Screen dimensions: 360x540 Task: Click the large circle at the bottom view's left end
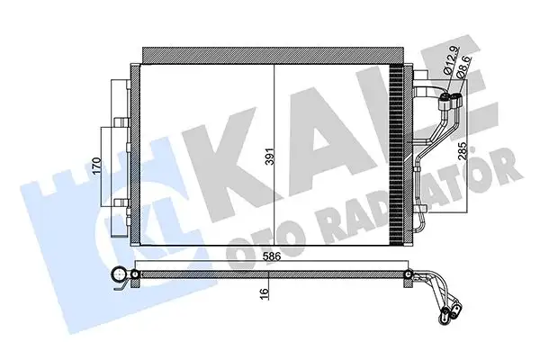(118, 276)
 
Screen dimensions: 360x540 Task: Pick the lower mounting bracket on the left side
(119, 202)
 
